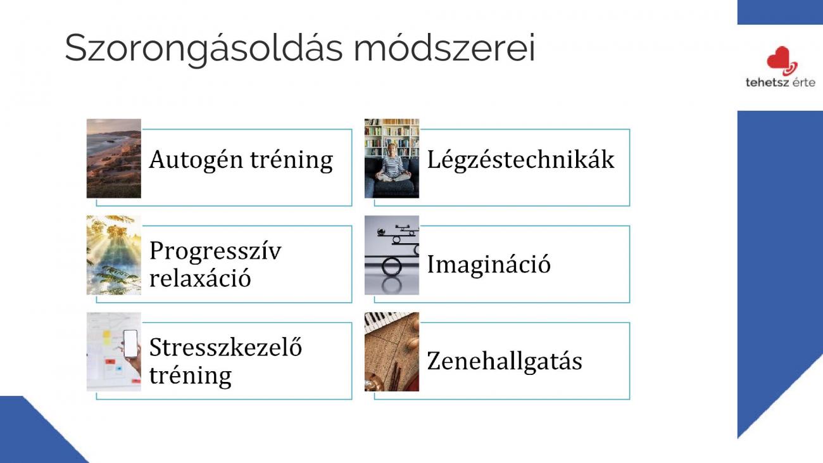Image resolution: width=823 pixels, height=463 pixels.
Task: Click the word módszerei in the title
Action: pos(444,48)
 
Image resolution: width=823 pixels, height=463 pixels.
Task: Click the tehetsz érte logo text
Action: pos(781,82)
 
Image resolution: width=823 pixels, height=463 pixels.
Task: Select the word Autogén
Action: pos(196,160)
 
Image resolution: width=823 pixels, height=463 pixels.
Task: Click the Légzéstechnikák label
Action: pos(520,160)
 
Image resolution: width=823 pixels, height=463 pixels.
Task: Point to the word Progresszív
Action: pos(215,252)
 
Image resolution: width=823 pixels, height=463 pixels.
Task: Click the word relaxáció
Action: pos(200,278)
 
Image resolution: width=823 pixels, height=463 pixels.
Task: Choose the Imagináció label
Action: pos(489,265)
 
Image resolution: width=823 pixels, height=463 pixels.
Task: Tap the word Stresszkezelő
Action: pos(225,347)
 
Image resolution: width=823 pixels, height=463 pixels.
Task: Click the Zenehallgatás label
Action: pos(505,361)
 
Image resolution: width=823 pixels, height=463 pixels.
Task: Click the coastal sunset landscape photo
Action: pos(114,158)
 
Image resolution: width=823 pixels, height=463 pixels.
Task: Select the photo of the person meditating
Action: pos(392,158)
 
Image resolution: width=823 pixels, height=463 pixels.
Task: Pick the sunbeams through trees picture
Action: pos(114,255)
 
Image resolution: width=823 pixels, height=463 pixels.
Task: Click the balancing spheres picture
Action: pos(392,255)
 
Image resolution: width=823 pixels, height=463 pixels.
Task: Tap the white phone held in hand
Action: pos(130,343)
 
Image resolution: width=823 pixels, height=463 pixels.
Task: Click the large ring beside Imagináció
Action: pos(392,267)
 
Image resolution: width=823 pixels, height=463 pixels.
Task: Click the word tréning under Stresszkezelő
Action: pos(191,376)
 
